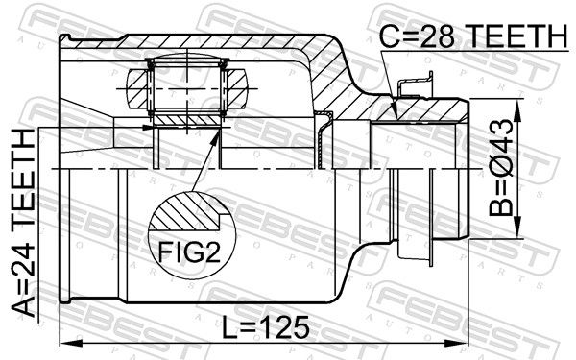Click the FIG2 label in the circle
point(189,252)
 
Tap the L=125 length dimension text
point(266,327)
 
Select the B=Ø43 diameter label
point(501,167)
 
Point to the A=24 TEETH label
point(23,224)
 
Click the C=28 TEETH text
point(473,36)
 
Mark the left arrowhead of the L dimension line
point(70,343)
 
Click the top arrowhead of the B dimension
point(517,110)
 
